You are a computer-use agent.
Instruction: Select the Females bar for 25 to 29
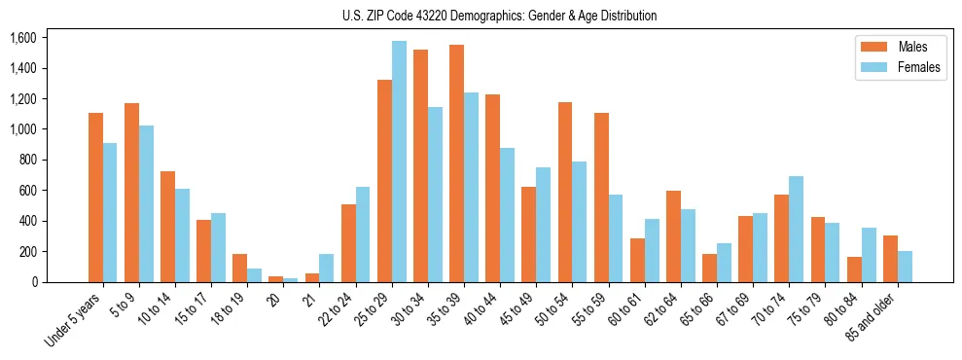399,162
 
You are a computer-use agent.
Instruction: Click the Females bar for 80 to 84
869,255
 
